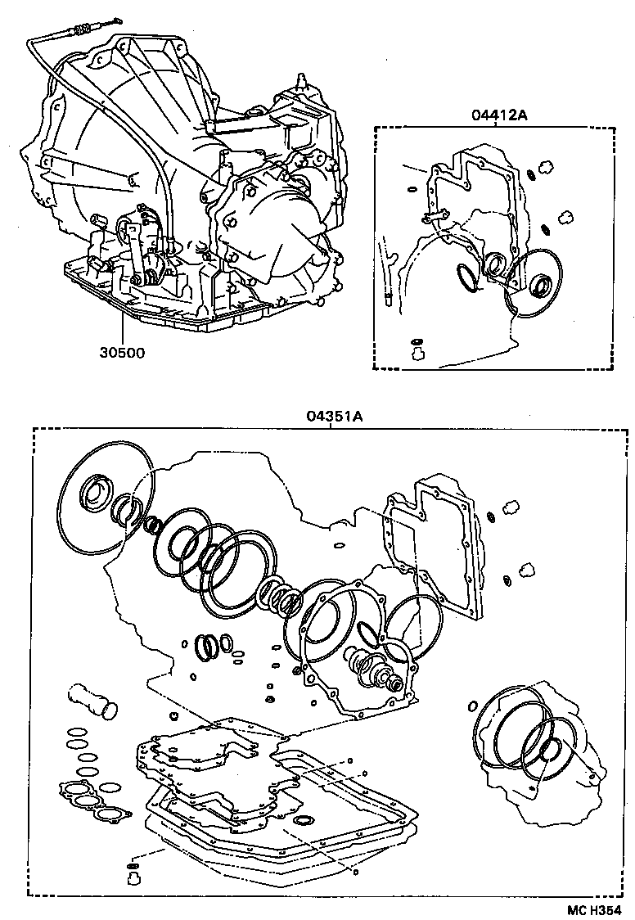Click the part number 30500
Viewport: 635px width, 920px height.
tap(122, 354)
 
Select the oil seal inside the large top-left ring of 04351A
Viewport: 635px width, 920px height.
tap(97, 494)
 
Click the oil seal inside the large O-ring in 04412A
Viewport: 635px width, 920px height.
tap(540, 286)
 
